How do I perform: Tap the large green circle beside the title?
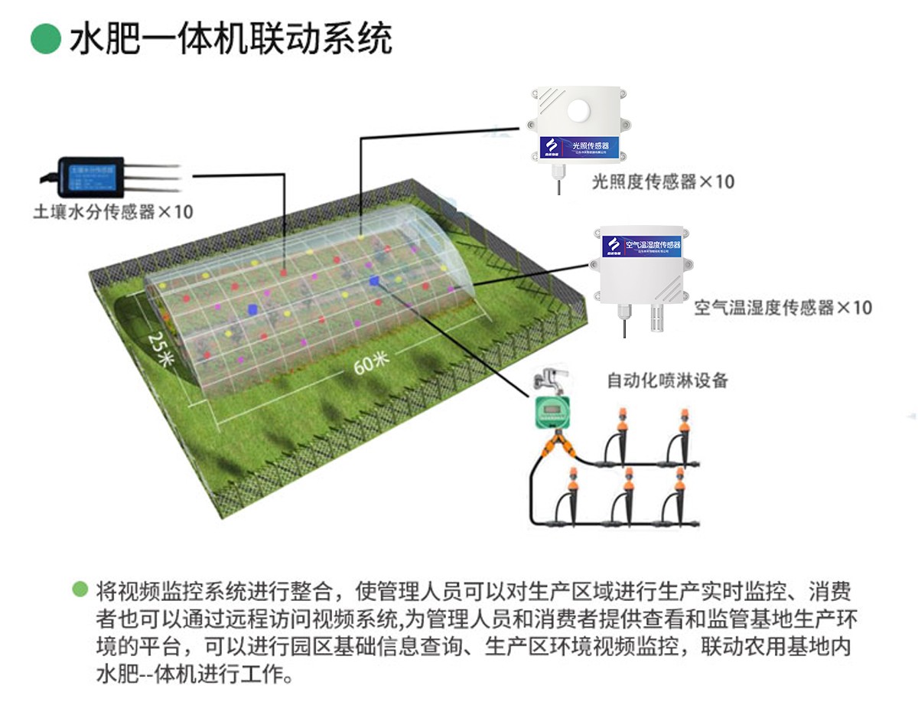pyautogui.click(x=45, y=38)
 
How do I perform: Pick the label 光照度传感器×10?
pyautogui.click(x=662, y=181)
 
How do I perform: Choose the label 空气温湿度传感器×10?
pyautogui.click(x=783, y=308)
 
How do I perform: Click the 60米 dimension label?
pyautogui.click(x=373, y=361)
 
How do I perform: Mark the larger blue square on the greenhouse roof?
pyautogui.click(x=252, y=309)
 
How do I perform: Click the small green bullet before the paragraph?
pyautogui.click(x=80, y=590)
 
